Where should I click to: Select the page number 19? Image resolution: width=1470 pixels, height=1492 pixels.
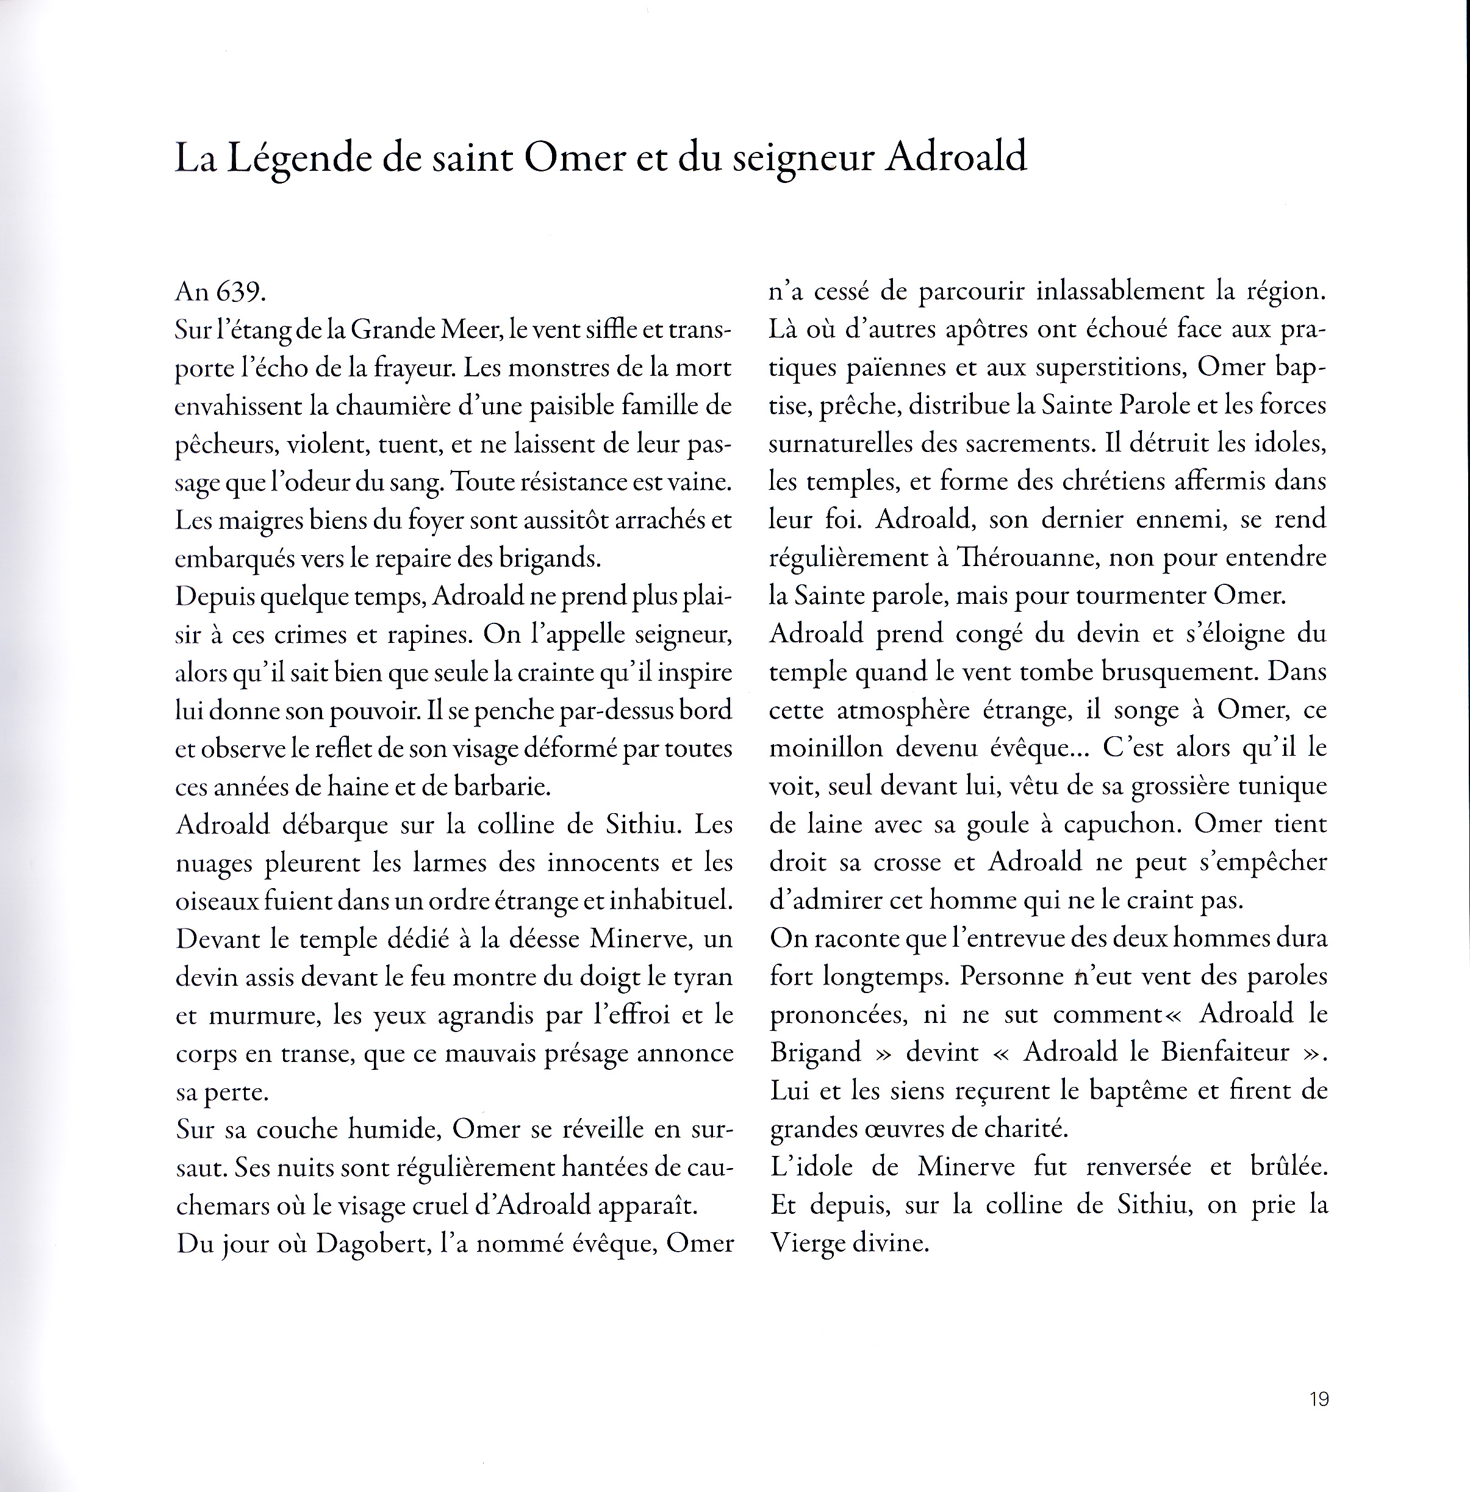coord(1319,1399)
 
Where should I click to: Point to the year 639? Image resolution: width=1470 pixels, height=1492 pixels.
coord(240,292)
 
